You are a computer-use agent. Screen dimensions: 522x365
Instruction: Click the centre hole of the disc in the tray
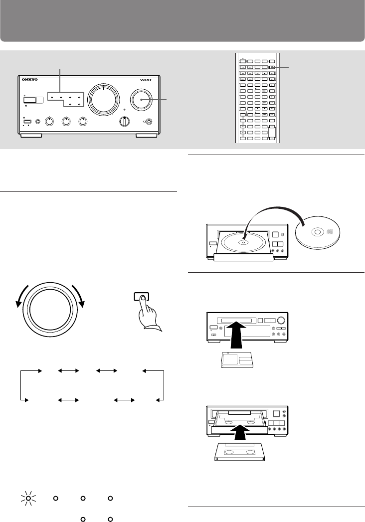coord(243,243)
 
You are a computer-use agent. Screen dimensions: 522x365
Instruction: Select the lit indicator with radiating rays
coord(28,498)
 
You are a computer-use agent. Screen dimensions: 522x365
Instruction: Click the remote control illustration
coord(255,98)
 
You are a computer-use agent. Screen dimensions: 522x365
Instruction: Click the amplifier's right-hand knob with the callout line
coord(142,100)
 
